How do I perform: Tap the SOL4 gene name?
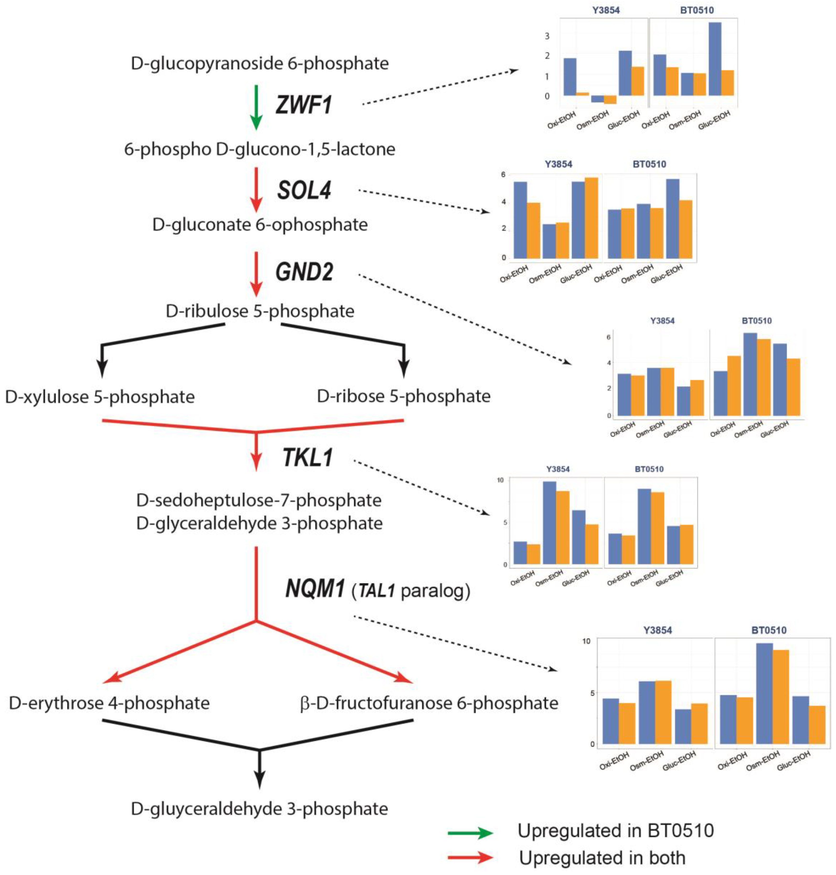tap(304, 191)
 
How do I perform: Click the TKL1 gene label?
tap(307, 458)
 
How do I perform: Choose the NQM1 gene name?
tap(315, 589)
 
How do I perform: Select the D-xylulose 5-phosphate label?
tap(100, 396)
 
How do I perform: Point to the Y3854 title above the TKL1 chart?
tap(558, 469)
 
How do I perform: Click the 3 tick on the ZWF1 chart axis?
tap(547, 36)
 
